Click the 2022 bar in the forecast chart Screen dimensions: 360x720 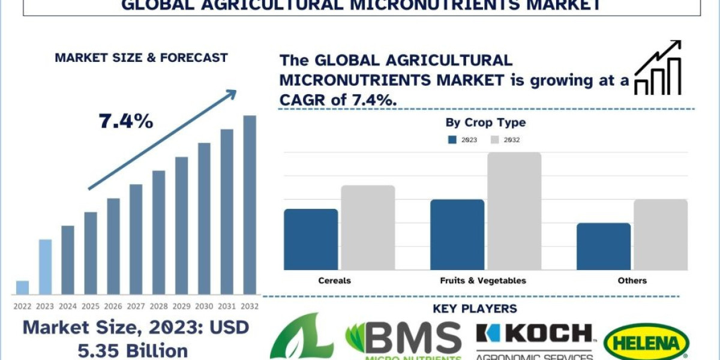(x=22, y=287)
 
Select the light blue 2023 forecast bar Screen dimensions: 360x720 (x=45, y=267)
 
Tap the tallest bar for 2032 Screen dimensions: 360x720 (x=250, y=204)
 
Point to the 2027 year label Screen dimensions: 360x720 (x=136, y=306)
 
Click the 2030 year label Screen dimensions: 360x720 (x=204, y=306)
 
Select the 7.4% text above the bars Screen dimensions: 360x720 (x=126, y=122)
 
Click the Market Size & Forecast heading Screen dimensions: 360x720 (x=141, y=58)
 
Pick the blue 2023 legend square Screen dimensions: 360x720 (x=452, y=140)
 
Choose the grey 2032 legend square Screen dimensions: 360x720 (x=495, y=140)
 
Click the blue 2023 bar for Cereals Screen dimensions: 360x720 (x=311, y=239)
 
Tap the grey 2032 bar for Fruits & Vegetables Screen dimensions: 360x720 (x=514, y=211)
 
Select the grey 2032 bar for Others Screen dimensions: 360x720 (x=661, y=235)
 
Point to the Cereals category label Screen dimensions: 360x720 (x=335, y=280)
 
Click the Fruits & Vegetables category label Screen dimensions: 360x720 (x=482, y=280)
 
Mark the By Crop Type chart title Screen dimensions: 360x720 (x=485, y=123)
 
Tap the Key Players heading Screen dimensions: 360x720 (x=474, y=309)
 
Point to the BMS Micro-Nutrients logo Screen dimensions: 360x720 (x=403, y=341)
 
